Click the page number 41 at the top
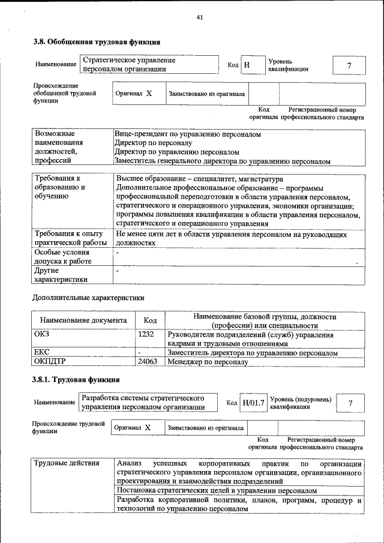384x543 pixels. (x=199, y=17)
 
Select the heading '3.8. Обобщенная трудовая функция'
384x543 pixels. (x=96, y=43)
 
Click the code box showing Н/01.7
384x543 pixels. (x=253, y=403)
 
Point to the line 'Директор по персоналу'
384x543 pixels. (x=153, y=143)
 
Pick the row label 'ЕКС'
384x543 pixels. (x=41, y=353)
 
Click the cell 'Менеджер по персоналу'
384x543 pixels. (x=208, y=362)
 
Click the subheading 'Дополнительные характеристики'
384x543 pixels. (x=88, y=297)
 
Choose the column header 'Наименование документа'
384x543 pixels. (x=83, y=320)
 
